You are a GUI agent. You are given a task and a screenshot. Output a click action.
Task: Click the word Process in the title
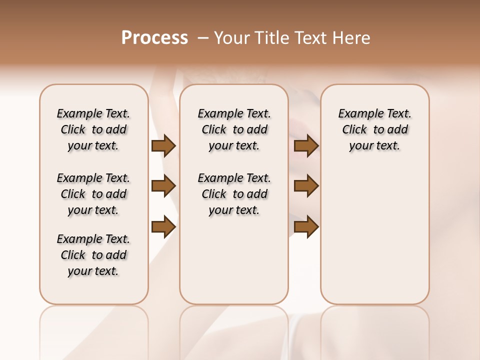[154, 37]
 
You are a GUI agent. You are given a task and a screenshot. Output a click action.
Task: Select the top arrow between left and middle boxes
[163, 146]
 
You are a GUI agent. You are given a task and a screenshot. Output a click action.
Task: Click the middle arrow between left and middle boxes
[163, 186]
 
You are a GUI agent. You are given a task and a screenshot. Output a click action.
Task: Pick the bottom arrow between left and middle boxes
[163, 226]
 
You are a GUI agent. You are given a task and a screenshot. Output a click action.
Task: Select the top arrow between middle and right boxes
[306, 146]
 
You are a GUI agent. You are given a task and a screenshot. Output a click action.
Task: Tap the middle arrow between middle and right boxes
[306, 186]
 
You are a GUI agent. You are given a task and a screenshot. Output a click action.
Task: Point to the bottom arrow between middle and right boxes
[306, 226]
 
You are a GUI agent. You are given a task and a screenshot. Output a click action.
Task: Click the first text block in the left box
[93, 129]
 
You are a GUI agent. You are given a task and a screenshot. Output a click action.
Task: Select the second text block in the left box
[93, 194]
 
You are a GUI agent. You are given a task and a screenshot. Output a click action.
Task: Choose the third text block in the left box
[93, 255]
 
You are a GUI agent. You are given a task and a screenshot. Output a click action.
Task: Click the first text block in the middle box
[234, 129]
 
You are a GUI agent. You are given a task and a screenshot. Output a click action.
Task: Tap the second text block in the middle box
[234, 194]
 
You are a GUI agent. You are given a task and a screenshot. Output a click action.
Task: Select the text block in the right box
[374, 129]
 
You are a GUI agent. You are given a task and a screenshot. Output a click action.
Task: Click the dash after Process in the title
[202, 37]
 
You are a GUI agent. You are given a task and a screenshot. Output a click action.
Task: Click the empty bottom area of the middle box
[234, 265]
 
